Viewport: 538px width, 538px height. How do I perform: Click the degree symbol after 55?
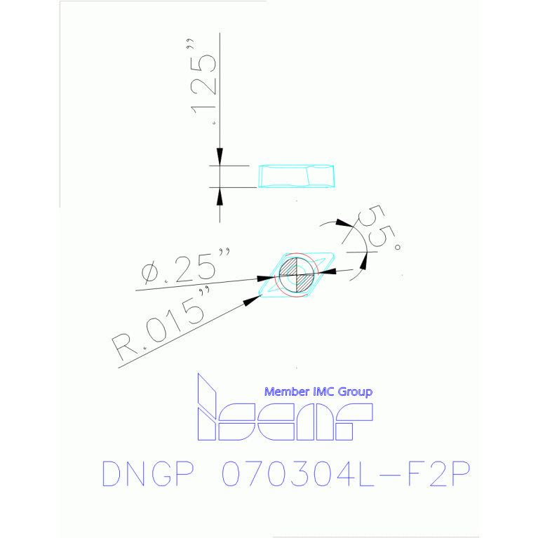click(398, 248)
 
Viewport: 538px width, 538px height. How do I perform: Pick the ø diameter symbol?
click(149, 274)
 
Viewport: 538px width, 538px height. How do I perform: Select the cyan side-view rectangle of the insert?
click(296, 176)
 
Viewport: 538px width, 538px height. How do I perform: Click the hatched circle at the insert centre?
click(296, 274)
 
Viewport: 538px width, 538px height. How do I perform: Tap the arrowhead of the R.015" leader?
click(252, 302)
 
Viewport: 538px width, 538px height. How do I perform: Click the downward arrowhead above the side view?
click(220, 158)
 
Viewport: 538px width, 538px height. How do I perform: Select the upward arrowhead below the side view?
click(220, 196)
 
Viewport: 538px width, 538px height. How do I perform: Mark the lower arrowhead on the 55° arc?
click(363, 261)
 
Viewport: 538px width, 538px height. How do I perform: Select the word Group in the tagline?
click(356, 392)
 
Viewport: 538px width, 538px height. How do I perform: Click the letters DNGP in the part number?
click(148, 475)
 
